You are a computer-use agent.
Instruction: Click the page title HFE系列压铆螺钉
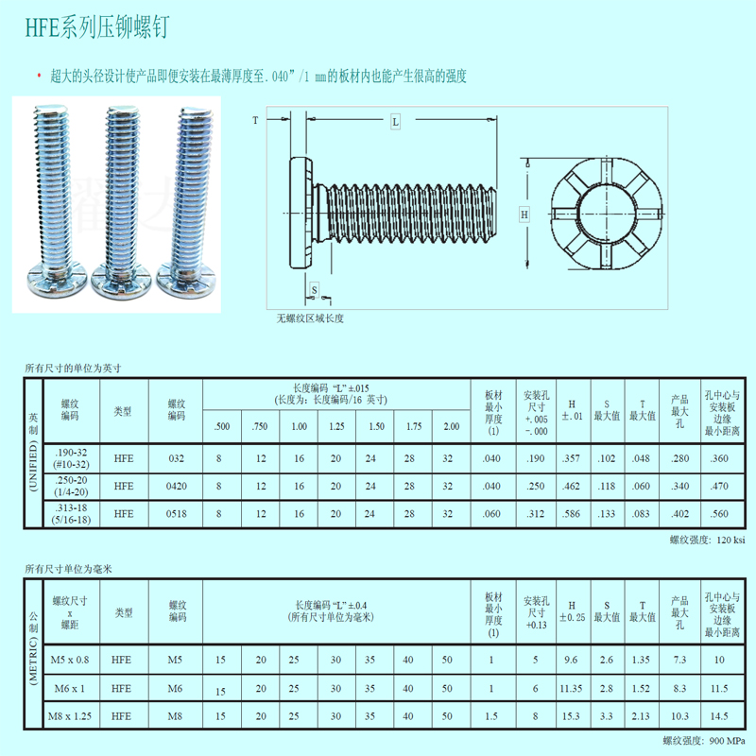(x=97, y=27)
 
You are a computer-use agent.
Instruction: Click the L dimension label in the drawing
(x=395, y=122)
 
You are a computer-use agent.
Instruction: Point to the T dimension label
(x=255, y=120)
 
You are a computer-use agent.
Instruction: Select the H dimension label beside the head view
(x=524, y=215)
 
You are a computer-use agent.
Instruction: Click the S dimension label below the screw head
(x=315, y=290)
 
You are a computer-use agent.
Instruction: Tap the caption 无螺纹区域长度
(x=310, y=318)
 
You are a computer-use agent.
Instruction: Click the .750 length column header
(x=259, y=427)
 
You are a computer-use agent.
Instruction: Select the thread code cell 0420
(x=177, y=487)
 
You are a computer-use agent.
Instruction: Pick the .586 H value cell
(x=572, y=514)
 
